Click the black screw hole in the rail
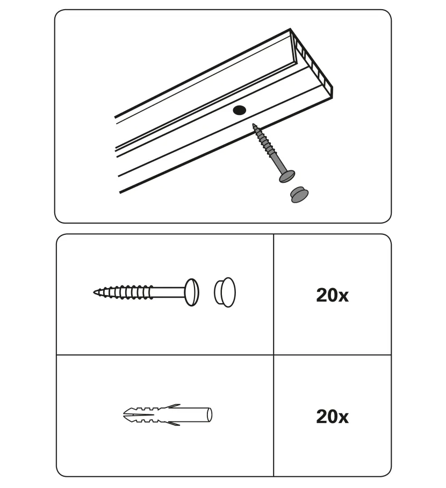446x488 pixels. click(x=239, y=110)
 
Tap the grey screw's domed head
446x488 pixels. click(x=287, y=176)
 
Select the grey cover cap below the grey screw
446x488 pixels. click(x=300, y=195)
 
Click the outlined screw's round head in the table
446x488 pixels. click(x=192, y=292)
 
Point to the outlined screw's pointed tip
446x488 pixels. click(x=94, y=292)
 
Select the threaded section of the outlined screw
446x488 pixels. click(x=123, y=292)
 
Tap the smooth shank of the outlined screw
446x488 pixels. click(x=169, y=292)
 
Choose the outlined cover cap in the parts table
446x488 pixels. click(x=225, y=292)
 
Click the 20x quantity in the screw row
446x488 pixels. click(x=332, y=295)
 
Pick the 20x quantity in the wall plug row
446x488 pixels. click(x=332, y=416)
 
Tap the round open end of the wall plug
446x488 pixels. click(x=210, y=415)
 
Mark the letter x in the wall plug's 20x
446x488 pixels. click(x=343, y=418)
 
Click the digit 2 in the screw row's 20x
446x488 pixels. click(x=321, y=295)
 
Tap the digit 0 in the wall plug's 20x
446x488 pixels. click(x=332, y=416)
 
